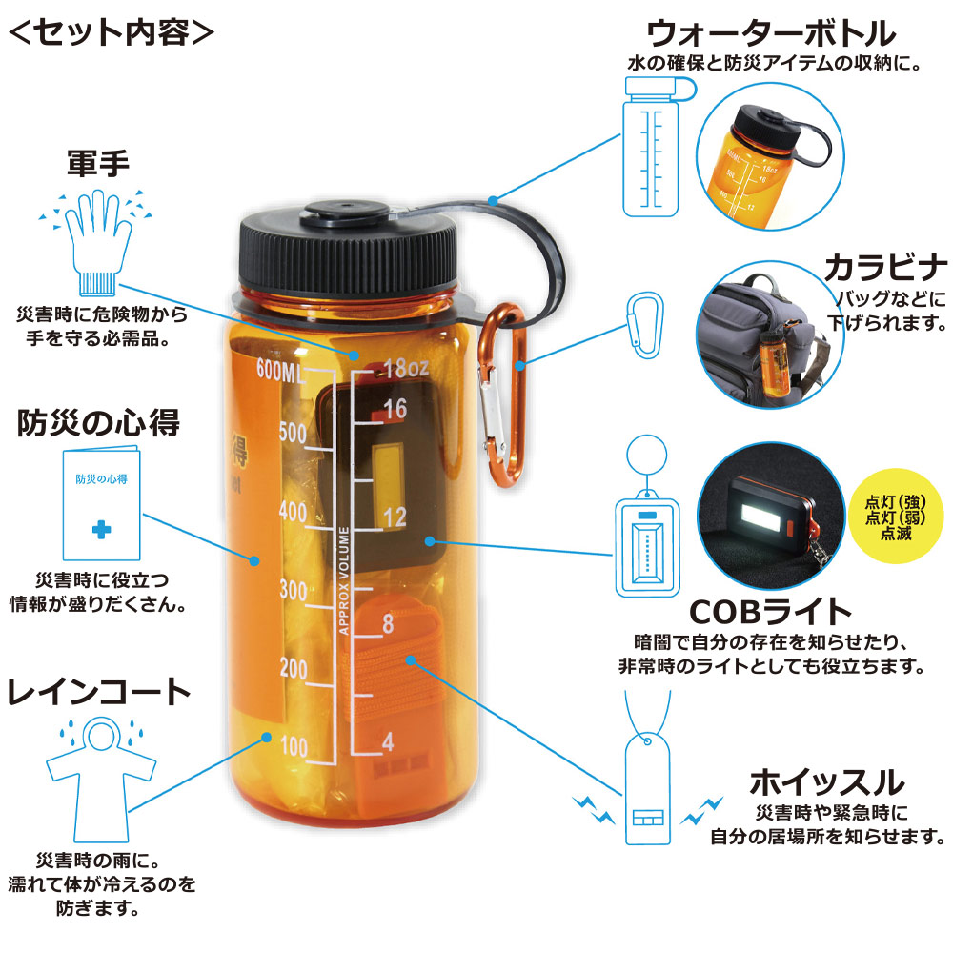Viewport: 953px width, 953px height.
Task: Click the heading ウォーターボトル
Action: point(771,34)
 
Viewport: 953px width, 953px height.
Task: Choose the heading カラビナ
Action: point(885,265)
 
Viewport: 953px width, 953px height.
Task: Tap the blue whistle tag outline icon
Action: point(650,786)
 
